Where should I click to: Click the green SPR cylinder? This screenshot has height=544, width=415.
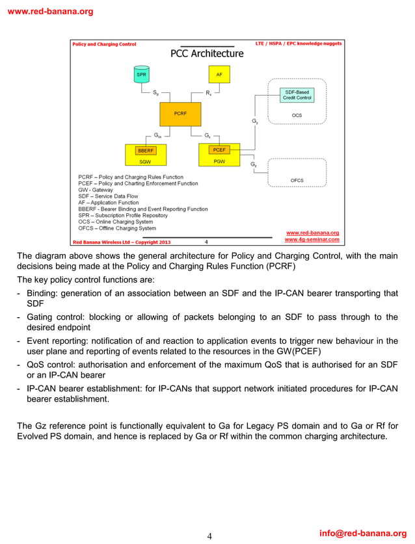(141, 75)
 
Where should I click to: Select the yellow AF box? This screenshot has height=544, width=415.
(219, 75)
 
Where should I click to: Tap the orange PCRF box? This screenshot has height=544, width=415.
(180, 114)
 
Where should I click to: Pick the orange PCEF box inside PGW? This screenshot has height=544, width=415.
(219, 150)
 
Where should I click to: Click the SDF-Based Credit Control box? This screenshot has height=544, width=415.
(297, 95)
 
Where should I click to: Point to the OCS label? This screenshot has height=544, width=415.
(297, 116)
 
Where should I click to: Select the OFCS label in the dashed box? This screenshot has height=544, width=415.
(297, 180)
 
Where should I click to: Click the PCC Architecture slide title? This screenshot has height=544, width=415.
(207, 54)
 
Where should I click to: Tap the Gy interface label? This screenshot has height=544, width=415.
(254, 122)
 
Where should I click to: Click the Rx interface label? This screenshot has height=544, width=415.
(208, 94)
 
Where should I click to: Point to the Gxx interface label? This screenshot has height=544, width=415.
(158, 136)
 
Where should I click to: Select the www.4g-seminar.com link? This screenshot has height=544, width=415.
(312, 239)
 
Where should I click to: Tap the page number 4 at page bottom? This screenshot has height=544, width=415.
(209, 536)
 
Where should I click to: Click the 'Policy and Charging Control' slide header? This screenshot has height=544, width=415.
(105, 44)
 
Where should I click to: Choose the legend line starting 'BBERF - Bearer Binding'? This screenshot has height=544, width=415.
(142, 209)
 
